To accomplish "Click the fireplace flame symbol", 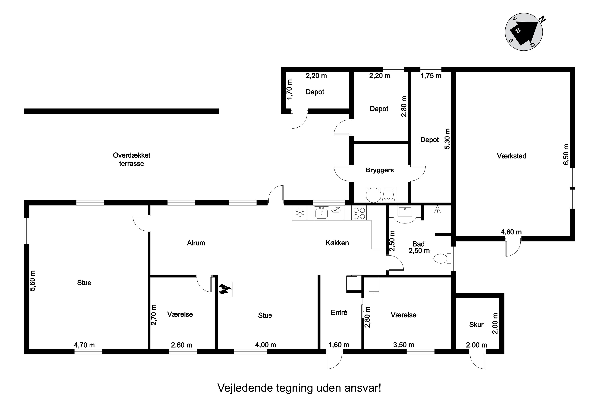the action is (x=225, y=289).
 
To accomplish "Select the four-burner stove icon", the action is (x=359, y=213).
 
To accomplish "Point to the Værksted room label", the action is (x=511, y=156).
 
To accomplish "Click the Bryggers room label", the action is (x=380, y=170).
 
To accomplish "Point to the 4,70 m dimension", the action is (x=84, y=345).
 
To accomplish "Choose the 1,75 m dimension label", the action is (x=431, y=76).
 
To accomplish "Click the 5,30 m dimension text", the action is (x=447, y=139).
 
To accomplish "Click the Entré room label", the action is (x=339, y=312).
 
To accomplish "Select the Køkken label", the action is (x=337, y=243).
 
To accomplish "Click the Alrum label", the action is (x=196, y=243).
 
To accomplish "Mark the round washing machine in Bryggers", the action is (x=373, y=195).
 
